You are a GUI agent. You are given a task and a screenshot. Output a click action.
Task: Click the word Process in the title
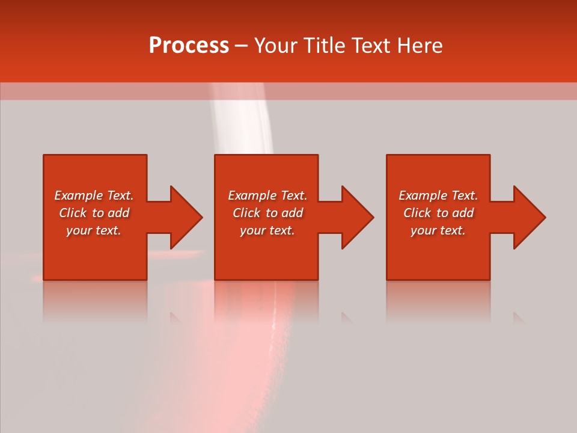[189, 46]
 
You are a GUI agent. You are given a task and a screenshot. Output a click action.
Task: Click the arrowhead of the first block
[186, 217]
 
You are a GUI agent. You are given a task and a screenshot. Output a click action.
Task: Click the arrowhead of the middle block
[357, 217]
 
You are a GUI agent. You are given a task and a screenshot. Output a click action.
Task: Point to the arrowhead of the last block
[529, 217]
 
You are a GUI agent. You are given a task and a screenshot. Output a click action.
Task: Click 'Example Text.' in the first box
[94, 195]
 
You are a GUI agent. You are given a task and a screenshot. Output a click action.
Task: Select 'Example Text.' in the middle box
[267, 195]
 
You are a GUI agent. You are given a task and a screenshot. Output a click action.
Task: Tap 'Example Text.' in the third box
[438, 195]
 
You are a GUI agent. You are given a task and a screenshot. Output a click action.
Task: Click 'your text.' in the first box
[94, 230]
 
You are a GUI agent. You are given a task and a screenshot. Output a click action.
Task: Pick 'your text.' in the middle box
[267, 230]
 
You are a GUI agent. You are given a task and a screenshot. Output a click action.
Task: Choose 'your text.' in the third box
[438, 230]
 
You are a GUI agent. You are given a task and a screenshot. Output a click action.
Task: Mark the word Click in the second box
[246, 213]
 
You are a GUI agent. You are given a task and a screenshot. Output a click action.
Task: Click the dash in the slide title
[241, 46]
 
